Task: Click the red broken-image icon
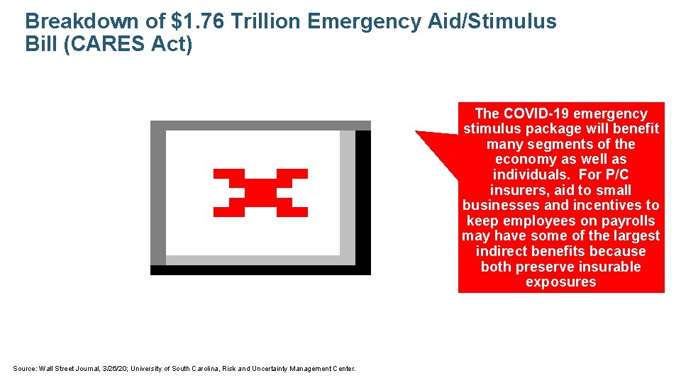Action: (260, 193)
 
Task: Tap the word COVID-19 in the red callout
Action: (538, 113)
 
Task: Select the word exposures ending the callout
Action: (560, 282)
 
